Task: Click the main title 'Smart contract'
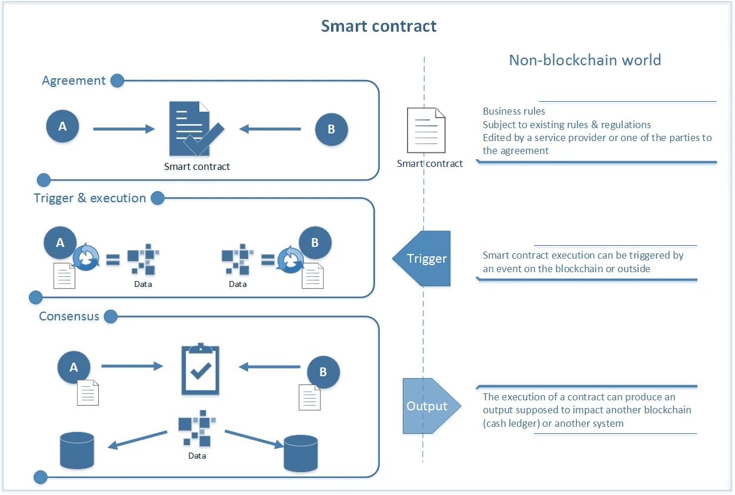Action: pyautogui.click(x=379, y=26)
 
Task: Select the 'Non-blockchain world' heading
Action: pyautogui.click(x=584, y=60)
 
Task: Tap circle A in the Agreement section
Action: pyautogui.click(x=62, y=126)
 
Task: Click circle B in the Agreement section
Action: pyautogui.click(x=331, y=129)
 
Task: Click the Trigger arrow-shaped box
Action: pyautogui.click(x=423, y=259)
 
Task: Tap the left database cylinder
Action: pyautogui.click(x=77, y=450)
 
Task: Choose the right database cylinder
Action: pyautogui.click(x=300, y=453)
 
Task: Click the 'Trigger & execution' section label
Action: pyautogui.click(x=90, y=198)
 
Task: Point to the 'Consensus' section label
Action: pyautogui.click(x=69, y=316)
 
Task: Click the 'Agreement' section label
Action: pyautogui.click(x=74, y=81)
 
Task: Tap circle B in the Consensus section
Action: pyautogui.click(x=323, y=372)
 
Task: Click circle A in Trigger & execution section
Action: pyautogui.click(x=60, y=243)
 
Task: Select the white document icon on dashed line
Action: pyautogui.click(x=426, y=130)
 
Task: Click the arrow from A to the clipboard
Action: pyautogui.click(x=132, y=366)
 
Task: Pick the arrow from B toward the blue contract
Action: pyautogui.click(x=270, y=129)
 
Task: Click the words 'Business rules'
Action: pyautogui.click(x=514, y=111)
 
